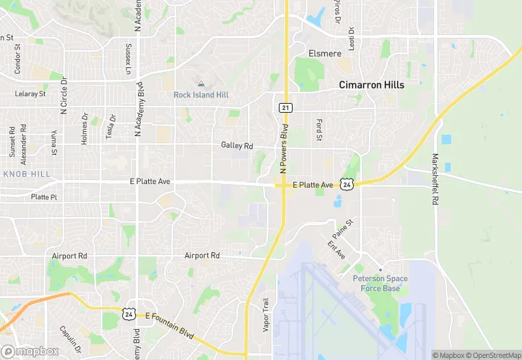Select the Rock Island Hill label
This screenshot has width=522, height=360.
[x=201, y=95]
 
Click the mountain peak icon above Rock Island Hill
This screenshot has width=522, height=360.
[x=201, y=84]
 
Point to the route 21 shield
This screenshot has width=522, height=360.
[x=286, y=108]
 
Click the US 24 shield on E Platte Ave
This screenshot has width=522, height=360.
[x=348, y=184]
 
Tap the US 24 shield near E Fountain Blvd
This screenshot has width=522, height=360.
[x=128, y=313]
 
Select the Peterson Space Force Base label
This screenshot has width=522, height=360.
[x=380, y=283]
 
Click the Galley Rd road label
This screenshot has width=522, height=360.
[x=237, y=146]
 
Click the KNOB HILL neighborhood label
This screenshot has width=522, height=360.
[x=27, y=175]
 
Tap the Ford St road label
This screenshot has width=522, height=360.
[x=319, y=130]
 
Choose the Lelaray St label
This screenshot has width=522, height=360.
[x=30, y=93]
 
